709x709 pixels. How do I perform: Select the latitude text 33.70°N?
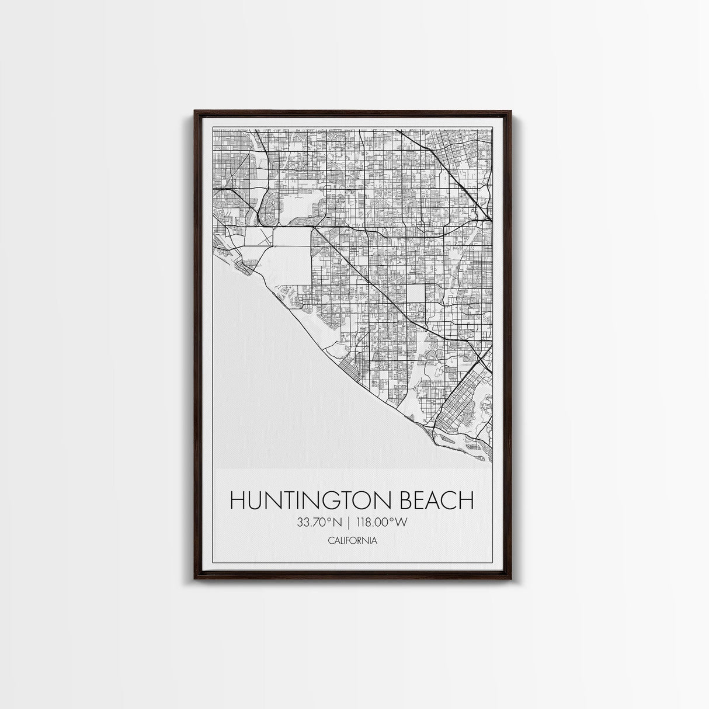(x=318, y=522)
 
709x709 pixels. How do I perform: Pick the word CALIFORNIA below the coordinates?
(x=352, y=541)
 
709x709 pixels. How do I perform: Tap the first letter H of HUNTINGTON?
(x=237, y=501)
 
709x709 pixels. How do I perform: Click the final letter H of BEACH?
(x=465, y=501)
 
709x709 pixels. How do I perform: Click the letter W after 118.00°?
(x=401, y=522)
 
